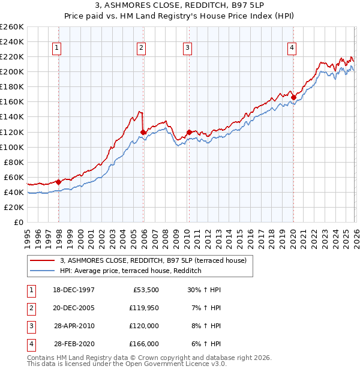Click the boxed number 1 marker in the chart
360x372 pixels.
56,49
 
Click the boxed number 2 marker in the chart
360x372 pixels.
141,49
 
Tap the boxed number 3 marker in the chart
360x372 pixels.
187,49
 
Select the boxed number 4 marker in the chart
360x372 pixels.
292,49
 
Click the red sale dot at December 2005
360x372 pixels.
143,132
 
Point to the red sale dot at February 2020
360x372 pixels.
293,97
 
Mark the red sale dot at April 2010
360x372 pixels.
189,132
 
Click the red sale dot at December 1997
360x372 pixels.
59,182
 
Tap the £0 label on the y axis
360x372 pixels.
18,222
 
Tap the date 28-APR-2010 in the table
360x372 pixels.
74,326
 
